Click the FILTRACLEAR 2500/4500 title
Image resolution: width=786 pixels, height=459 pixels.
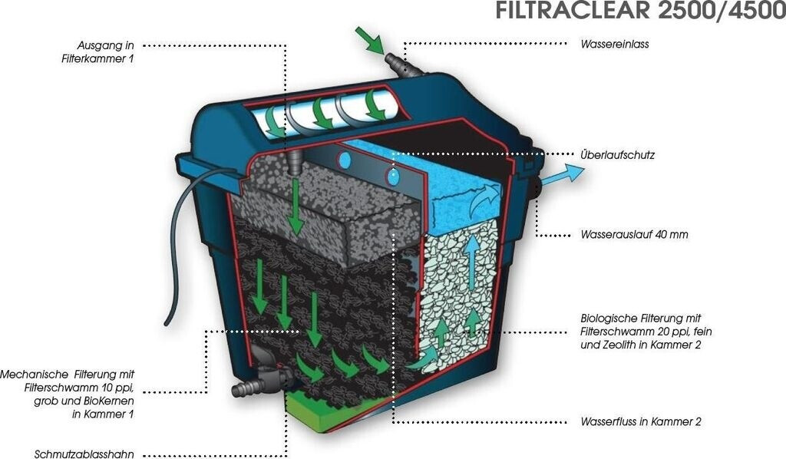click(x=640, y=13)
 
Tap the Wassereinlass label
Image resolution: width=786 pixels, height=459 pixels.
click(x=615, y=45)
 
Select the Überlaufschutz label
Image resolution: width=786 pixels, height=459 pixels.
click(x=617, y=155)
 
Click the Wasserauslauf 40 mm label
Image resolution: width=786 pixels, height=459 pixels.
click(x=634, y=234)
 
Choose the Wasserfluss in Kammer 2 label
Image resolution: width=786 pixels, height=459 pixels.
click(x=641, y=421)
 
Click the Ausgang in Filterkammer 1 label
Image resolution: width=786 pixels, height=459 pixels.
click(x=106, y=51)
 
